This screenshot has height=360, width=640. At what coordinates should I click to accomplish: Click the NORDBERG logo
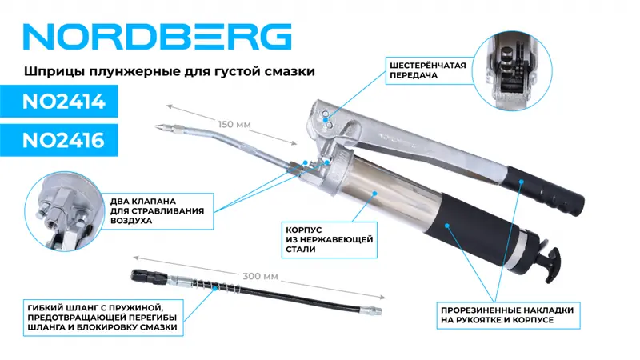157,37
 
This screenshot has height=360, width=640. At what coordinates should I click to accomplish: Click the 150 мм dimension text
234,125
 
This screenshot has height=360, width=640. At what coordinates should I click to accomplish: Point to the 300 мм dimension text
261,276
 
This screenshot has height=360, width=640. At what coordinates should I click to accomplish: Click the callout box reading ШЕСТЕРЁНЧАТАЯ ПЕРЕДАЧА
428,70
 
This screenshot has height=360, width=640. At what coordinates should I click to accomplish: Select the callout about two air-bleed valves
157,211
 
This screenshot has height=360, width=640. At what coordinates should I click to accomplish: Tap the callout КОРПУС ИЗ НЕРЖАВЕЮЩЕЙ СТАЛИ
329,240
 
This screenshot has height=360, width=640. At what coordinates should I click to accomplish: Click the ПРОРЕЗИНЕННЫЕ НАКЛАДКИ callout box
508,315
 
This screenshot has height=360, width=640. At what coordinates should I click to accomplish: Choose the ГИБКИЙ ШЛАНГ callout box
103,318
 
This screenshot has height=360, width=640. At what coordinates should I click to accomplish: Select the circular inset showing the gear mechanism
512,70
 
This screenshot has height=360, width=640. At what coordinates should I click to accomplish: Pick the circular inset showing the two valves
63,211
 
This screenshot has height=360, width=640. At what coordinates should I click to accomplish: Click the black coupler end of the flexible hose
149,277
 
